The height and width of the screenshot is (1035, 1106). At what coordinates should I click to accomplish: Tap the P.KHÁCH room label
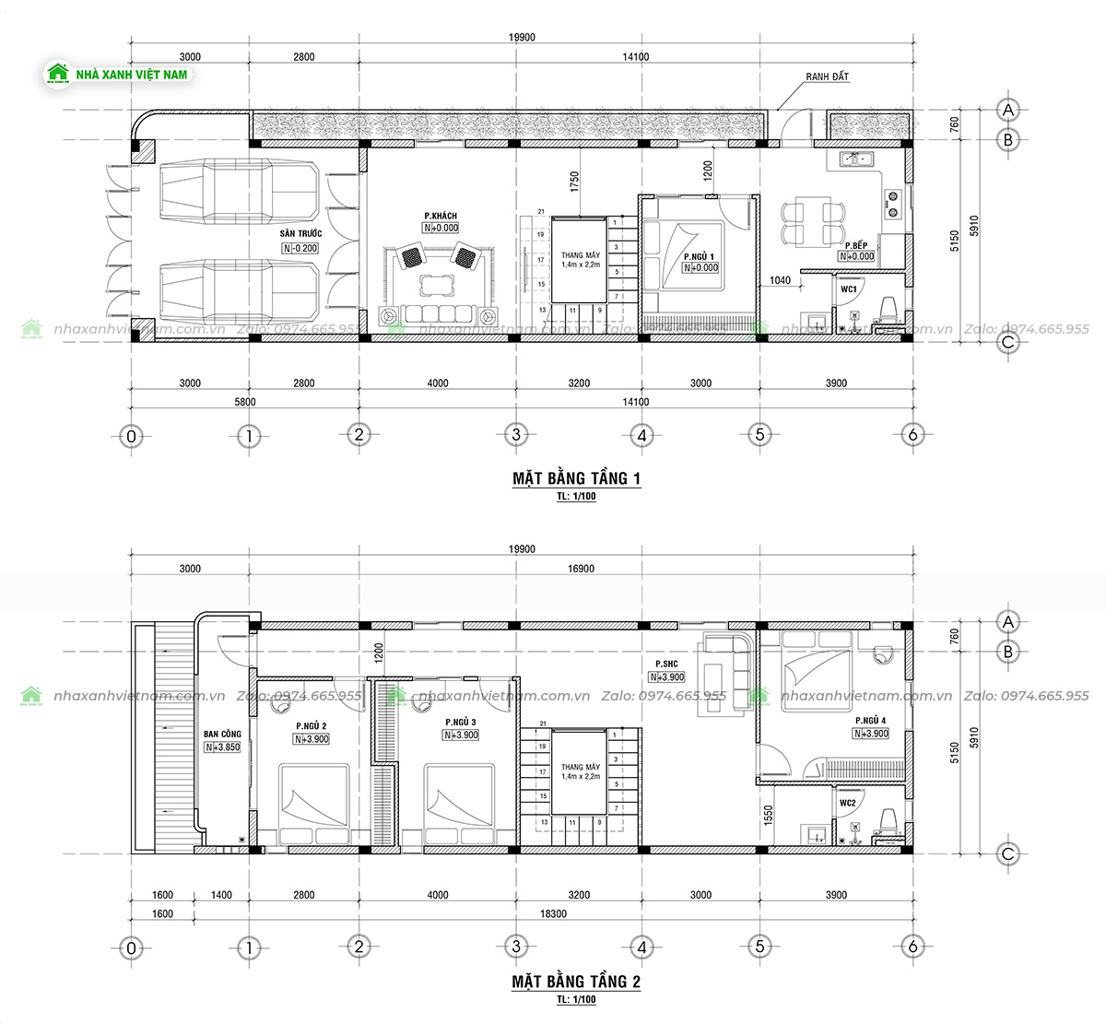pyautogui.click(x=441, y=217)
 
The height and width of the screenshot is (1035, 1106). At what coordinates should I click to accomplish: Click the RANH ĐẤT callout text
pyautogui.click(x=827, y=77)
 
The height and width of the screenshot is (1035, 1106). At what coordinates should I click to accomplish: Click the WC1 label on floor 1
pyautogui.click(x=848, y=289)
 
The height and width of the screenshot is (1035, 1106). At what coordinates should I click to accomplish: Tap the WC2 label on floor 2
pyautogui.click(x=848, y=804)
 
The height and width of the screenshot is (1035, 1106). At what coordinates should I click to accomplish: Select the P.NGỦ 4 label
pyautogui.click(x=870, y=721)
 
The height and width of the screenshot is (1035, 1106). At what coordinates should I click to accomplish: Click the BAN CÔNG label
pyautogui.click(x=222, y=735)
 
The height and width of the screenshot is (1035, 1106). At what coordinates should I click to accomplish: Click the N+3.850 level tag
pyautogui.click(x=223, y=747)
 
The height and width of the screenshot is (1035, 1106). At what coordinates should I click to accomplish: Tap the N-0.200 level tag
pyautogui.click(x=300, y=248)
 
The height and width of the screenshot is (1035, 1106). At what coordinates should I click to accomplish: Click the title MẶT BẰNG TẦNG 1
pyautogui.click(x=576, y=478)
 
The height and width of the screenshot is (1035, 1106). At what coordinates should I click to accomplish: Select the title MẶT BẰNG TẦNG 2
pyautogui.click(x=576, y=982)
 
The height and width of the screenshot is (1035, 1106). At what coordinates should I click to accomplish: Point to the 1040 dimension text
pyautogui.click(x=781, y=279)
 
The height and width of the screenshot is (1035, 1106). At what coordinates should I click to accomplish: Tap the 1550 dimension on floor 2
pyautogui.click(x=768, y=815)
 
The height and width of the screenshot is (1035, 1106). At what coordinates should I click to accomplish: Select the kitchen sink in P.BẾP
pyautogui.click(x=859, y=160)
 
